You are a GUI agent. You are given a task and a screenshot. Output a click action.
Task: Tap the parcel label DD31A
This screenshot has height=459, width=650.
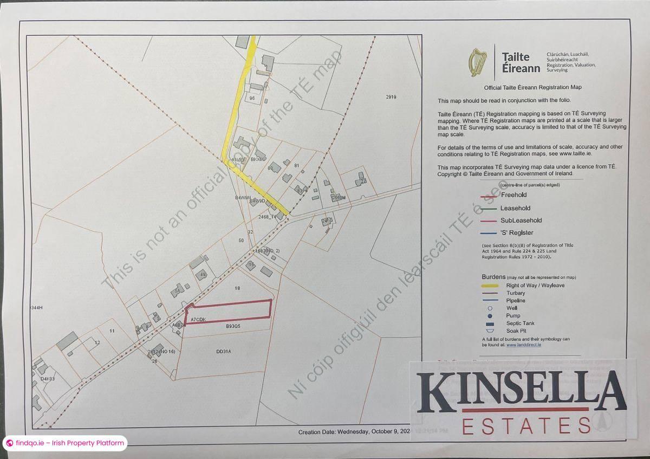click(224, 351)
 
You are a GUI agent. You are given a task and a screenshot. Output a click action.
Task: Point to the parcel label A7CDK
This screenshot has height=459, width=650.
click(198, 319)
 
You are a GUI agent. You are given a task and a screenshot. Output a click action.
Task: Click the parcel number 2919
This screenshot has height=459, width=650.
click(391, 97)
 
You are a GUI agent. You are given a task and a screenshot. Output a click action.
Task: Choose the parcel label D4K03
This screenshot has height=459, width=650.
click(48, 378)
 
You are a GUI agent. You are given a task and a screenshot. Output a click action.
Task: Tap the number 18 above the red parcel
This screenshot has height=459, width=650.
click(237, 288)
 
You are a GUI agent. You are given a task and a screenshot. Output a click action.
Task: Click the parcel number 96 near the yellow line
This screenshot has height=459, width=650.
click(252, 98)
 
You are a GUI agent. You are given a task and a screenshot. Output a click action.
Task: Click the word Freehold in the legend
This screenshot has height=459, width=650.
click(513, 195)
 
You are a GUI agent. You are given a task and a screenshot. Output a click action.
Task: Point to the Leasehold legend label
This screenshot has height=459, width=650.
click(515, 208)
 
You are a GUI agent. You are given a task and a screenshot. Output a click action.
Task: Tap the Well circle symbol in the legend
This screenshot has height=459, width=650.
click(490, 308)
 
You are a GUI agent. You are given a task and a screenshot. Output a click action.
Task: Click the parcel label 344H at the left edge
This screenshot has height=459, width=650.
click(36, 308)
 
